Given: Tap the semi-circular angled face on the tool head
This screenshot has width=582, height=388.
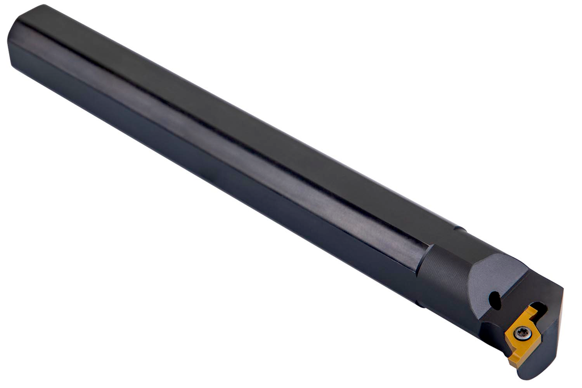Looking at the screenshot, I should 500,278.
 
